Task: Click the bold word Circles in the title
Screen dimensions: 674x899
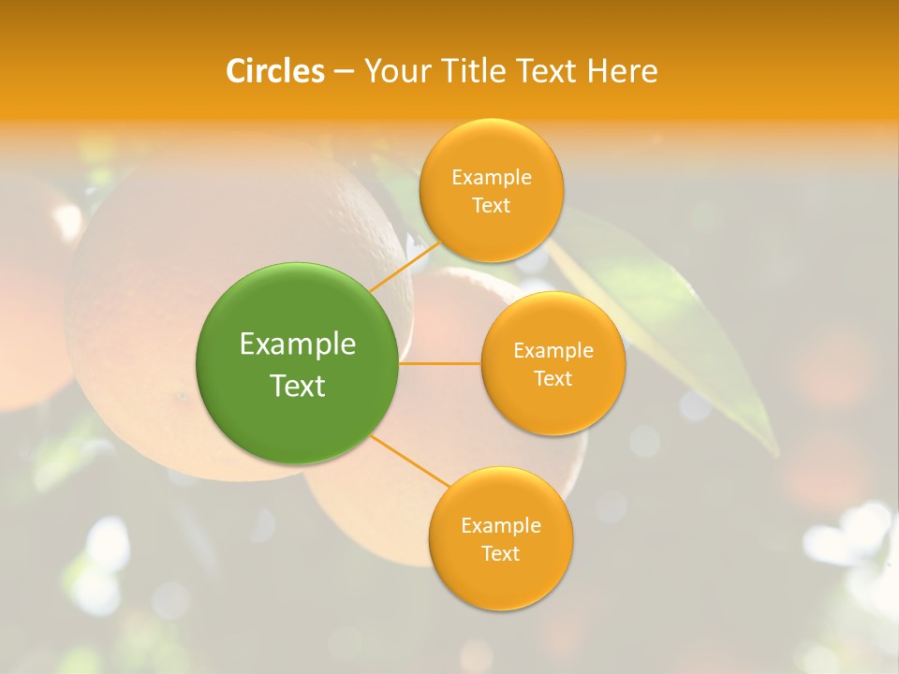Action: click(275, 71)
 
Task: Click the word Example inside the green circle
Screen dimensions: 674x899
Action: click(298, 344)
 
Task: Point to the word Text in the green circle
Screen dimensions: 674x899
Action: click(298, 386)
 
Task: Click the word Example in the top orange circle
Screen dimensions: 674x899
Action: click(491, 178)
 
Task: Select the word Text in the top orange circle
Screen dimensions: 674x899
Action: click(491, 206)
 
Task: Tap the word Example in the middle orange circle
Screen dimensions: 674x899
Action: click(553, 351)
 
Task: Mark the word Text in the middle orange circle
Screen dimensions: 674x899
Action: click(553, 379)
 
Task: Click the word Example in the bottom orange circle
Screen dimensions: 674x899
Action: click(500, 526)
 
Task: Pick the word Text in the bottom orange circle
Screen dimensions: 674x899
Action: click(500, 554)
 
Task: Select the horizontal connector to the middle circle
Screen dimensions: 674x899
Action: click(440, 363)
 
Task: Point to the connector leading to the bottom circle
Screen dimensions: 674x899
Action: click(410, 462)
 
